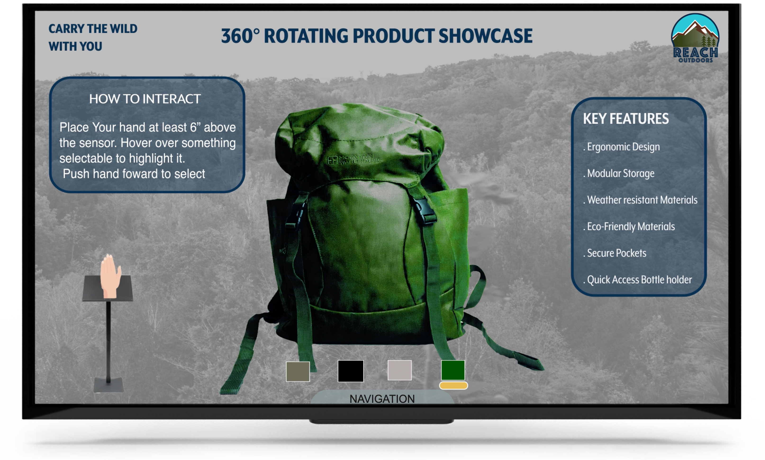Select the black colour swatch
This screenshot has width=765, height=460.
coord(351,371)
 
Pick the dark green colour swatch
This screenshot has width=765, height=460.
coord(453,370)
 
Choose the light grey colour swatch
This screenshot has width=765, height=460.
coord(399,370)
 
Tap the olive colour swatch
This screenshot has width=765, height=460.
coord(298,371)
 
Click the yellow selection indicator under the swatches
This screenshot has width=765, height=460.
coord(453,385)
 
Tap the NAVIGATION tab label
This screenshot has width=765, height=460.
coord(382,399)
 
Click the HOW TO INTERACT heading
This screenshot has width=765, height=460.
coord(145,99)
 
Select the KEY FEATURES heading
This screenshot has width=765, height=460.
coord(626,119)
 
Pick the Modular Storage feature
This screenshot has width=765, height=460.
coord(619,173)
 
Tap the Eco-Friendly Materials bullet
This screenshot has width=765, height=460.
coord(629,227)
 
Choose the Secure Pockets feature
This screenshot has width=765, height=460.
coord(615,253)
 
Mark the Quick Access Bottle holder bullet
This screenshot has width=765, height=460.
coord(637,280)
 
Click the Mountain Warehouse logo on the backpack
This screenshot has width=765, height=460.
coord(355,159)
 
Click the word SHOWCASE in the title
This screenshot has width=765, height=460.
coord(485,36)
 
